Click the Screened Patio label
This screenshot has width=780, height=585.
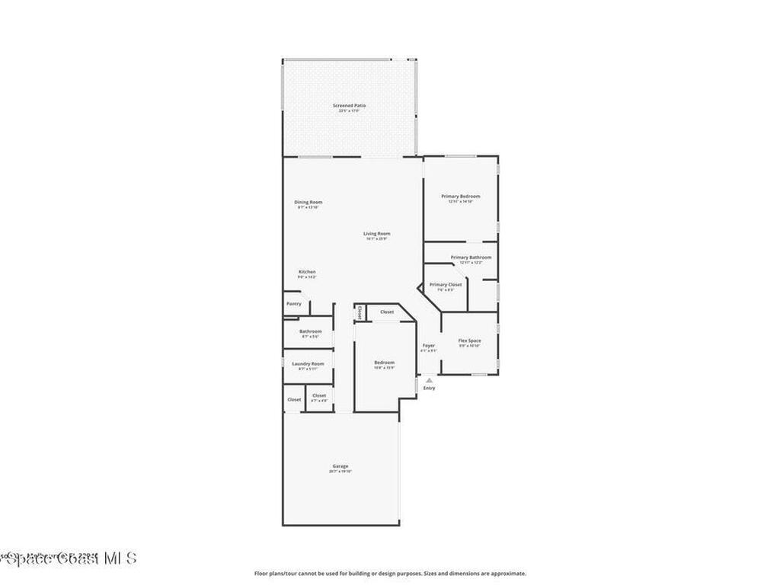pos(350,105)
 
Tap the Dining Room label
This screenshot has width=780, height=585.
pos(308,202)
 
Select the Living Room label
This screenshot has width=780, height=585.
pos(376,234)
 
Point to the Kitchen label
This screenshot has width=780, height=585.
pos(307,272)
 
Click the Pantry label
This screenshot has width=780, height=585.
pos(294,304)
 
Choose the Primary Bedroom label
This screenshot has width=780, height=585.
pos(461,197)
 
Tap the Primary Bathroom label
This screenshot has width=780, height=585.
pos(471,257)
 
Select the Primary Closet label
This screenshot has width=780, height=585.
pos(446,285)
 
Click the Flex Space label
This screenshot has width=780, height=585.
pos(469,340)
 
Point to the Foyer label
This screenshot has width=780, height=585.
pos(429,346)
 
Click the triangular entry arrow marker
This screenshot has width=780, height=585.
pos(429,379)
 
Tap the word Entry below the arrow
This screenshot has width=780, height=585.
pos(430,388)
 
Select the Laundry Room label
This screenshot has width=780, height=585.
pos(308,364)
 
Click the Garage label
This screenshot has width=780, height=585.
pos(340,466)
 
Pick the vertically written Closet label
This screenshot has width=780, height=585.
pos(360,312)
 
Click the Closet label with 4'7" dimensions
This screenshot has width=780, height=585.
pos(319,396)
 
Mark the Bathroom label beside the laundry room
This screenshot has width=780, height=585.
pos(310,331)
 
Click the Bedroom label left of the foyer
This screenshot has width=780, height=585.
pos(384,363)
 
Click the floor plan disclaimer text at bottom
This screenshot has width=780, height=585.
pos(389,574)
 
